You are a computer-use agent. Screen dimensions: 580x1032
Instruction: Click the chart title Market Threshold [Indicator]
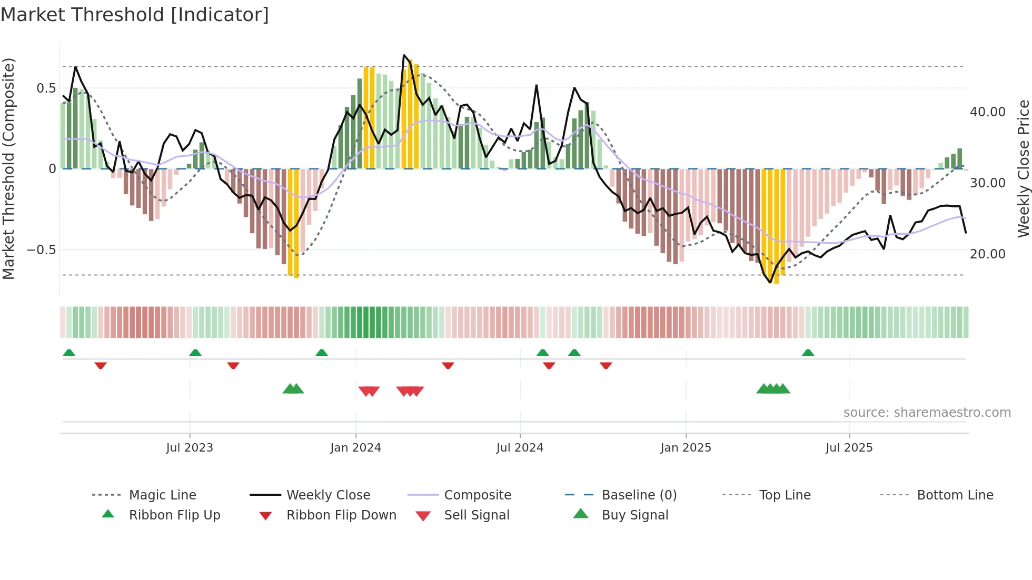(x=135, y=15)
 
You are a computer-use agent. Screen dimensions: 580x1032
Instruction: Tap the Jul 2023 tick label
(x=190, y=448)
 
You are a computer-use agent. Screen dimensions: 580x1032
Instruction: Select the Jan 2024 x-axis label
(x=355, y=448)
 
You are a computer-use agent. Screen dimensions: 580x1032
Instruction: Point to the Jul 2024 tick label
(x=520, y=448)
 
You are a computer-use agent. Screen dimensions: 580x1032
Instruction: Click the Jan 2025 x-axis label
(x=686, y=448)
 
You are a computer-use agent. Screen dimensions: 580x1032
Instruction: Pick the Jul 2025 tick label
(x=849, y=448)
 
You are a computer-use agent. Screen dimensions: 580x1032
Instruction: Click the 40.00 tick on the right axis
(x=987, y=112)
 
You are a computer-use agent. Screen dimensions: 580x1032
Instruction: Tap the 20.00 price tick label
(x=987, y=254)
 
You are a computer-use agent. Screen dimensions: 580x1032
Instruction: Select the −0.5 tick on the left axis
(x=42, y=250)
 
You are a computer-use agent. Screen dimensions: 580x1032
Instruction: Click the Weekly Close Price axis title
(x=1023, y=168)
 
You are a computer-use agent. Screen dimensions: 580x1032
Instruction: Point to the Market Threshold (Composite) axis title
(x=8, y=168)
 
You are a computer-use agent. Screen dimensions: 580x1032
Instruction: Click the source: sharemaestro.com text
(x=927, y=413)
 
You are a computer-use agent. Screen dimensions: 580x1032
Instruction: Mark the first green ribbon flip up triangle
(x=69, y=353)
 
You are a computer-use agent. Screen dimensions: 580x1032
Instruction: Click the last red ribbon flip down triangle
(x=606, y=365)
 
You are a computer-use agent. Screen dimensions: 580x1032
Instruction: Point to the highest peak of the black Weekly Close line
(x=404, y=55)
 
